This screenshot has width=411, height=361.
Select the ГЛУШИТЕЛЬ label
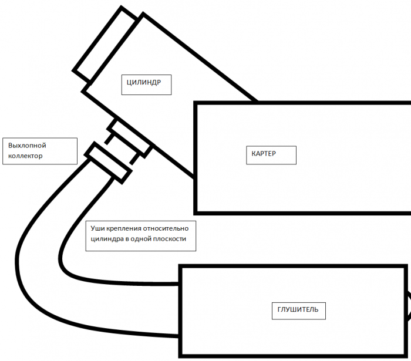[298, 309]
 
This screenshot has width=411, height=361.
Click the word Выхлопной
[27, 145]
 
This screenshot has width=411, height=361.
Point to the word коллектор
[26, 156]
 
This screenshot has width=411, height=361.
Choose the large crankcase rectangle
[329, 176]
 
